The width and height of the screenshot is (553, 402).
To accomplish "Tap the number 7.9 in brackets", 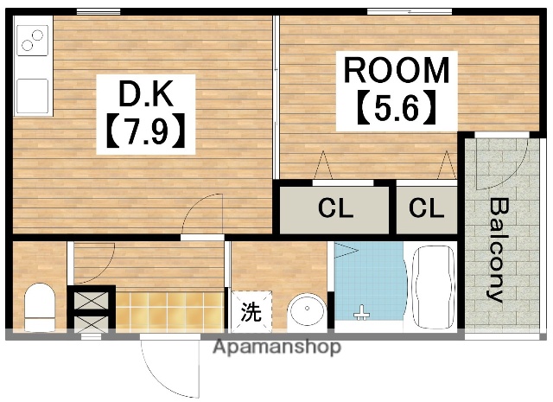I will coord(144,131).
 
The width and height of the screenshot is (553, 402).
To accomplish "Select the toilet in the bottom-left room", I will coord(39,309).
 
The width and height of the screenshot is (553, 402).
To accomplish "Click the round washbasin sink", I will coord(306,312).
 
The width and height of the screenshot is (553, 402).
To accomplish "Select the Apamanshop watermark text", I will coord(276,348).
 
